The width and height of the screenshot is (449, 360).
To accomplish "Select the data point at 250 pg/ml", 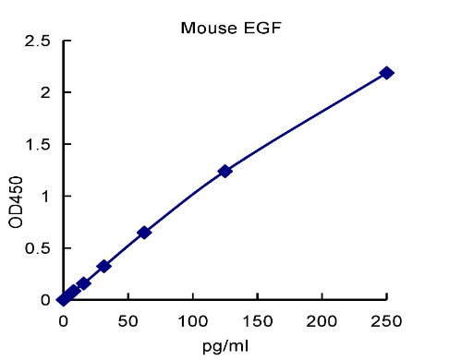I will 386,73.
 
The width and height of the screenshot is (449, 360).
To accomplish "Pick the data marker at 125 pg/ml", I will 224,171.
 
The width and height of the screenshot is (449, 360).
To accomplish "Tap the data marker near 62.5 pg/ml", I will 144,233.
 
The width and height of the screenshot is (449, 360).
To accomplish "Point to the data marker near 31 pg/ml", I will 103,266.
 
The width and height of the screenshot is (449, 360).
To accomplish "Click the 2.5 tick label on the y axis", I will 37,41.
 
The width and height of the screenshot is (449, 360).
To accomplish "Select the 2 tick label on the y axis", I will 44,92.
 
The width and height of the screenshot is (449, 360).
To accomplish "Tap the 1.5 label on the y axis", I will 37,144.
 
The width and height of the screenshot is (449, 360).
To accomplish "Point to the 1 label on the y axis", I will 44,196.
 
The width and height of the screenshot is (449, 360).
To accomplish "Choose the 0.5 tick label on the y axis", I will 37,248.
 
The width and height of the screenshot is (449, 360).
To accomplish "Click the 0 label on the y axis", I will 44,300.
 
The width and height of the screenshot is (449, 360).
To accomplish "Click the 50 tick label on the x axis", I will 127,319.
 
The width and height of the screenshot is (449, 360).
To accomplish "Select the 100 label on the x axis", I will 192,319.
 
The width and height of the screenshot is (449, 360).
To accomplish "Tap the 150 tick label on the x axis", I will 257,319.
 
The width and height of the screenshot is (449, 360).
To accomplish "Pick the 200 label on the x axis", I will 322,319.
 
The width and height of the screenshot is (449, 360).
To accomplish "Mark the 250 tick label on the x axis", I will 386,319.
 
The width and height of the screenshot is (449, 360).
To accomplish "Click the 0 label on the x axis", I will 63,319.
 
